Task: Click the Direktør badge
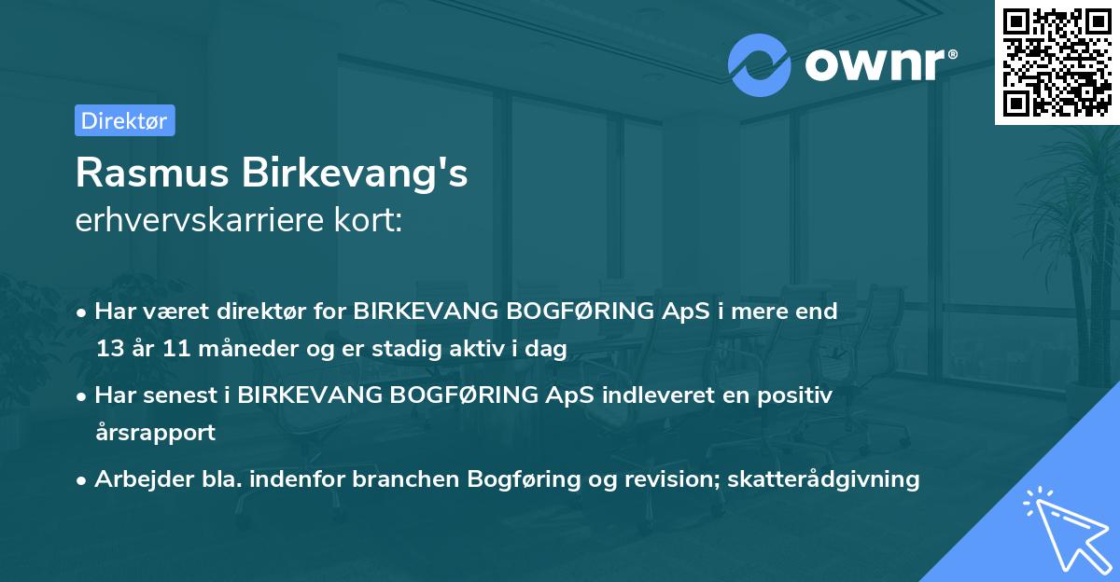point(124,120)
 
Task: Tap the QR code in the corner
point(1057,62)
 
